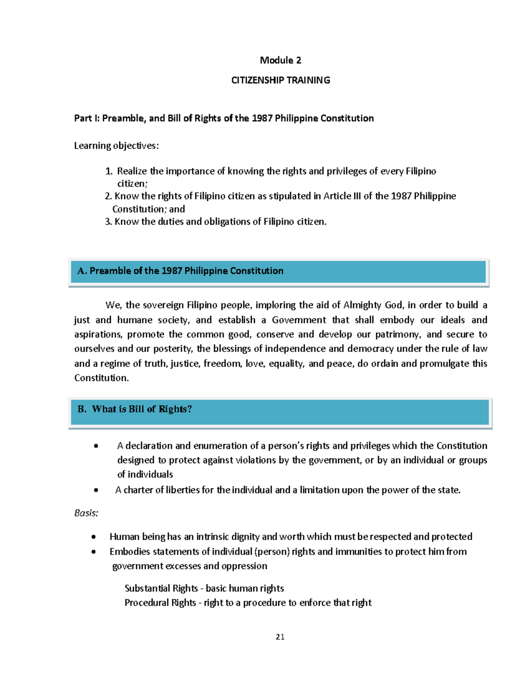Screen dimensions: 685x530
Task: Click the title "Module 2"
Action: (280, 60)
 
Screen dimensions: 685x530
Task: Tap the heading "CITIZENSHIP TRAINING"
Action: (280, 80)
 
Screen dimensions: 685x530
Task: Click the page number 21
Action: (280, 636)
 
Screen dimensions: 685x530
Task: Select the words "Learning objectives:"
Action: (116, 146)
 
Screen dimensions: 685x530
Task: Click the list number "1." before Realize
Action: (109, 171)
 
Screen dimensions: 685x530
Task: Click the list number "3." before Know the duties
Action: (108, 221)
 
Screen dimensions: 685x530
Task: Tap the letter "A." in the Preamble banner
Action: (82, 271)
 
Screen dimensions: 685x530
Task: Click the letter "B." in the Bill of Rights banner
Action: (82, 409)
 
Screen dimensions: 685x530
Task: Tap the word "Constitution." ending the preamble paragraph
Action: (102, 378)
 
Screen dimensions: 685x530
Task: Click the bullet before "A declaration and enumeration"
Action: (96, 446)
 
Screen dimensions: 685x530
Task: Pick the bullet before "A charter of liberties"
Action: (96, 490)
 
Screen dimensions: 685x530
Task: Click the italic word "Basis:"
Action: (86, 513)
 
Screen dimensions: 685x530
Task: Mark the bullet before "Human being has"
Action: (93, 537)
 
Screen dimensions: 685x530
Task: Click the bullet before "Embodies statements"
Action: (93, 552)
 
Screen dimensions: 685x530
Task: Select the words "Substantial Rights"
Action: (161, 588)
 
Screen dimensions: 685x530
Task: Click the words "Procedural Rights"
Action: (160, 603)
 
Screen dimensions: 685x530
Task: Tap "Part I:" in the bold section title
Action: (87, 118)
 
